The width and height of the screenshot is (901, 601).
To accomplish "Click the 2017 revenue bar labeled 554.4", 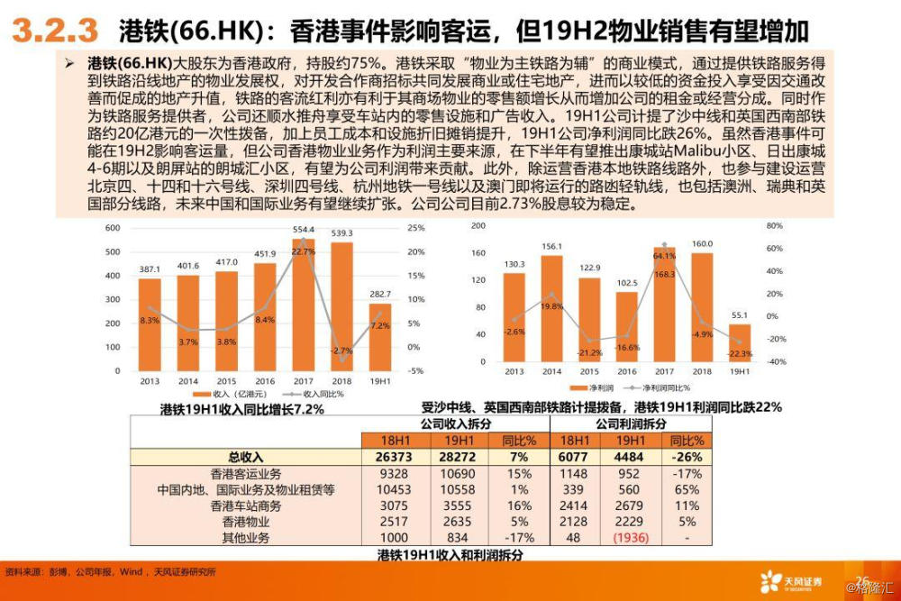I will (303, 306).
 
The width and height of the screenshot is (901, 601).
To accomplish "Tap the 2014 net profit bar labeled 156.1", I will (551, 311).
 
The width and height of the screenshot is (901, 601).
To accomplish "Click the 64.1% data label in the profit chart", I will (664, 255).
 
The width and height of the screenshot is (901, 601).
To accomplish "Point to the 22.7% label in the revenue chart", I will (304, 252).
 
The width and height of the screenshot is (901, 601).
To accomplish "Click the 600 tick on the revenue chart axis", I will (113, 227).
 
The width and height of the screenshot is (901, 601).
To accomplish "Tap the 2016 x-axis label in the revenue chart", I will (265, 381).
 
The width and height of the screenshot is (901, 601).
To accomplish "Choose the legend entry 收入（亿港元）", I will (236, 395).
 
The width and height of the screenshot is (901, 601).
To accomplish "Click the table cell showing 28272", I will (460, 458).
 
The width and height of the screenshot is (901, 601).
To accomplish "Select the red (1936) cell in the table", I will (631, 538).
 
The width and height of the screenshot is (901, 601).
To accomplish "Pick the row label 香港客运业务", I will (246, 474).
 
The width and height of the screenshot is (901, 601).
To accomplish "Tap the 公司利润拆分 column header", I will (630, 423).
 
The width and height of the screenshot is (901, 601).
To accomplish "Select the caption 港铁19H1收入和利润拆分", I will (450, 554).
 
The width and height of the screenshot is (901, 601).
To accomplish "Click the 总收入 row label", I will (246, 458).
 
